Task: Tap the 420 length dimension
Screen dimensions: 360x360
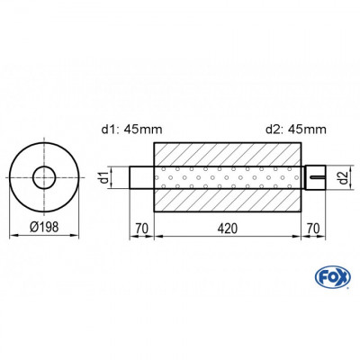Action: pos(228,229)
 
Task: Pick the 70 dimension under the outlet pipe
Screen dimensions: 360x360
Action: pos(312,229)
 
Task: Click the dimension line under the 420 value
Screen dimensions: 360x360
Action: pos(228,238)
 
